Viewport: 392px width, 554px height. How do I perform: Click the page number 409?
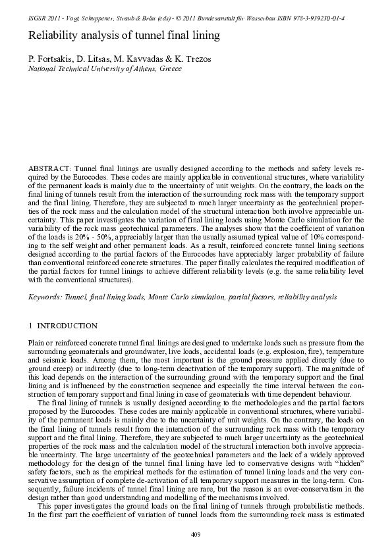tap(195, 534)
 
